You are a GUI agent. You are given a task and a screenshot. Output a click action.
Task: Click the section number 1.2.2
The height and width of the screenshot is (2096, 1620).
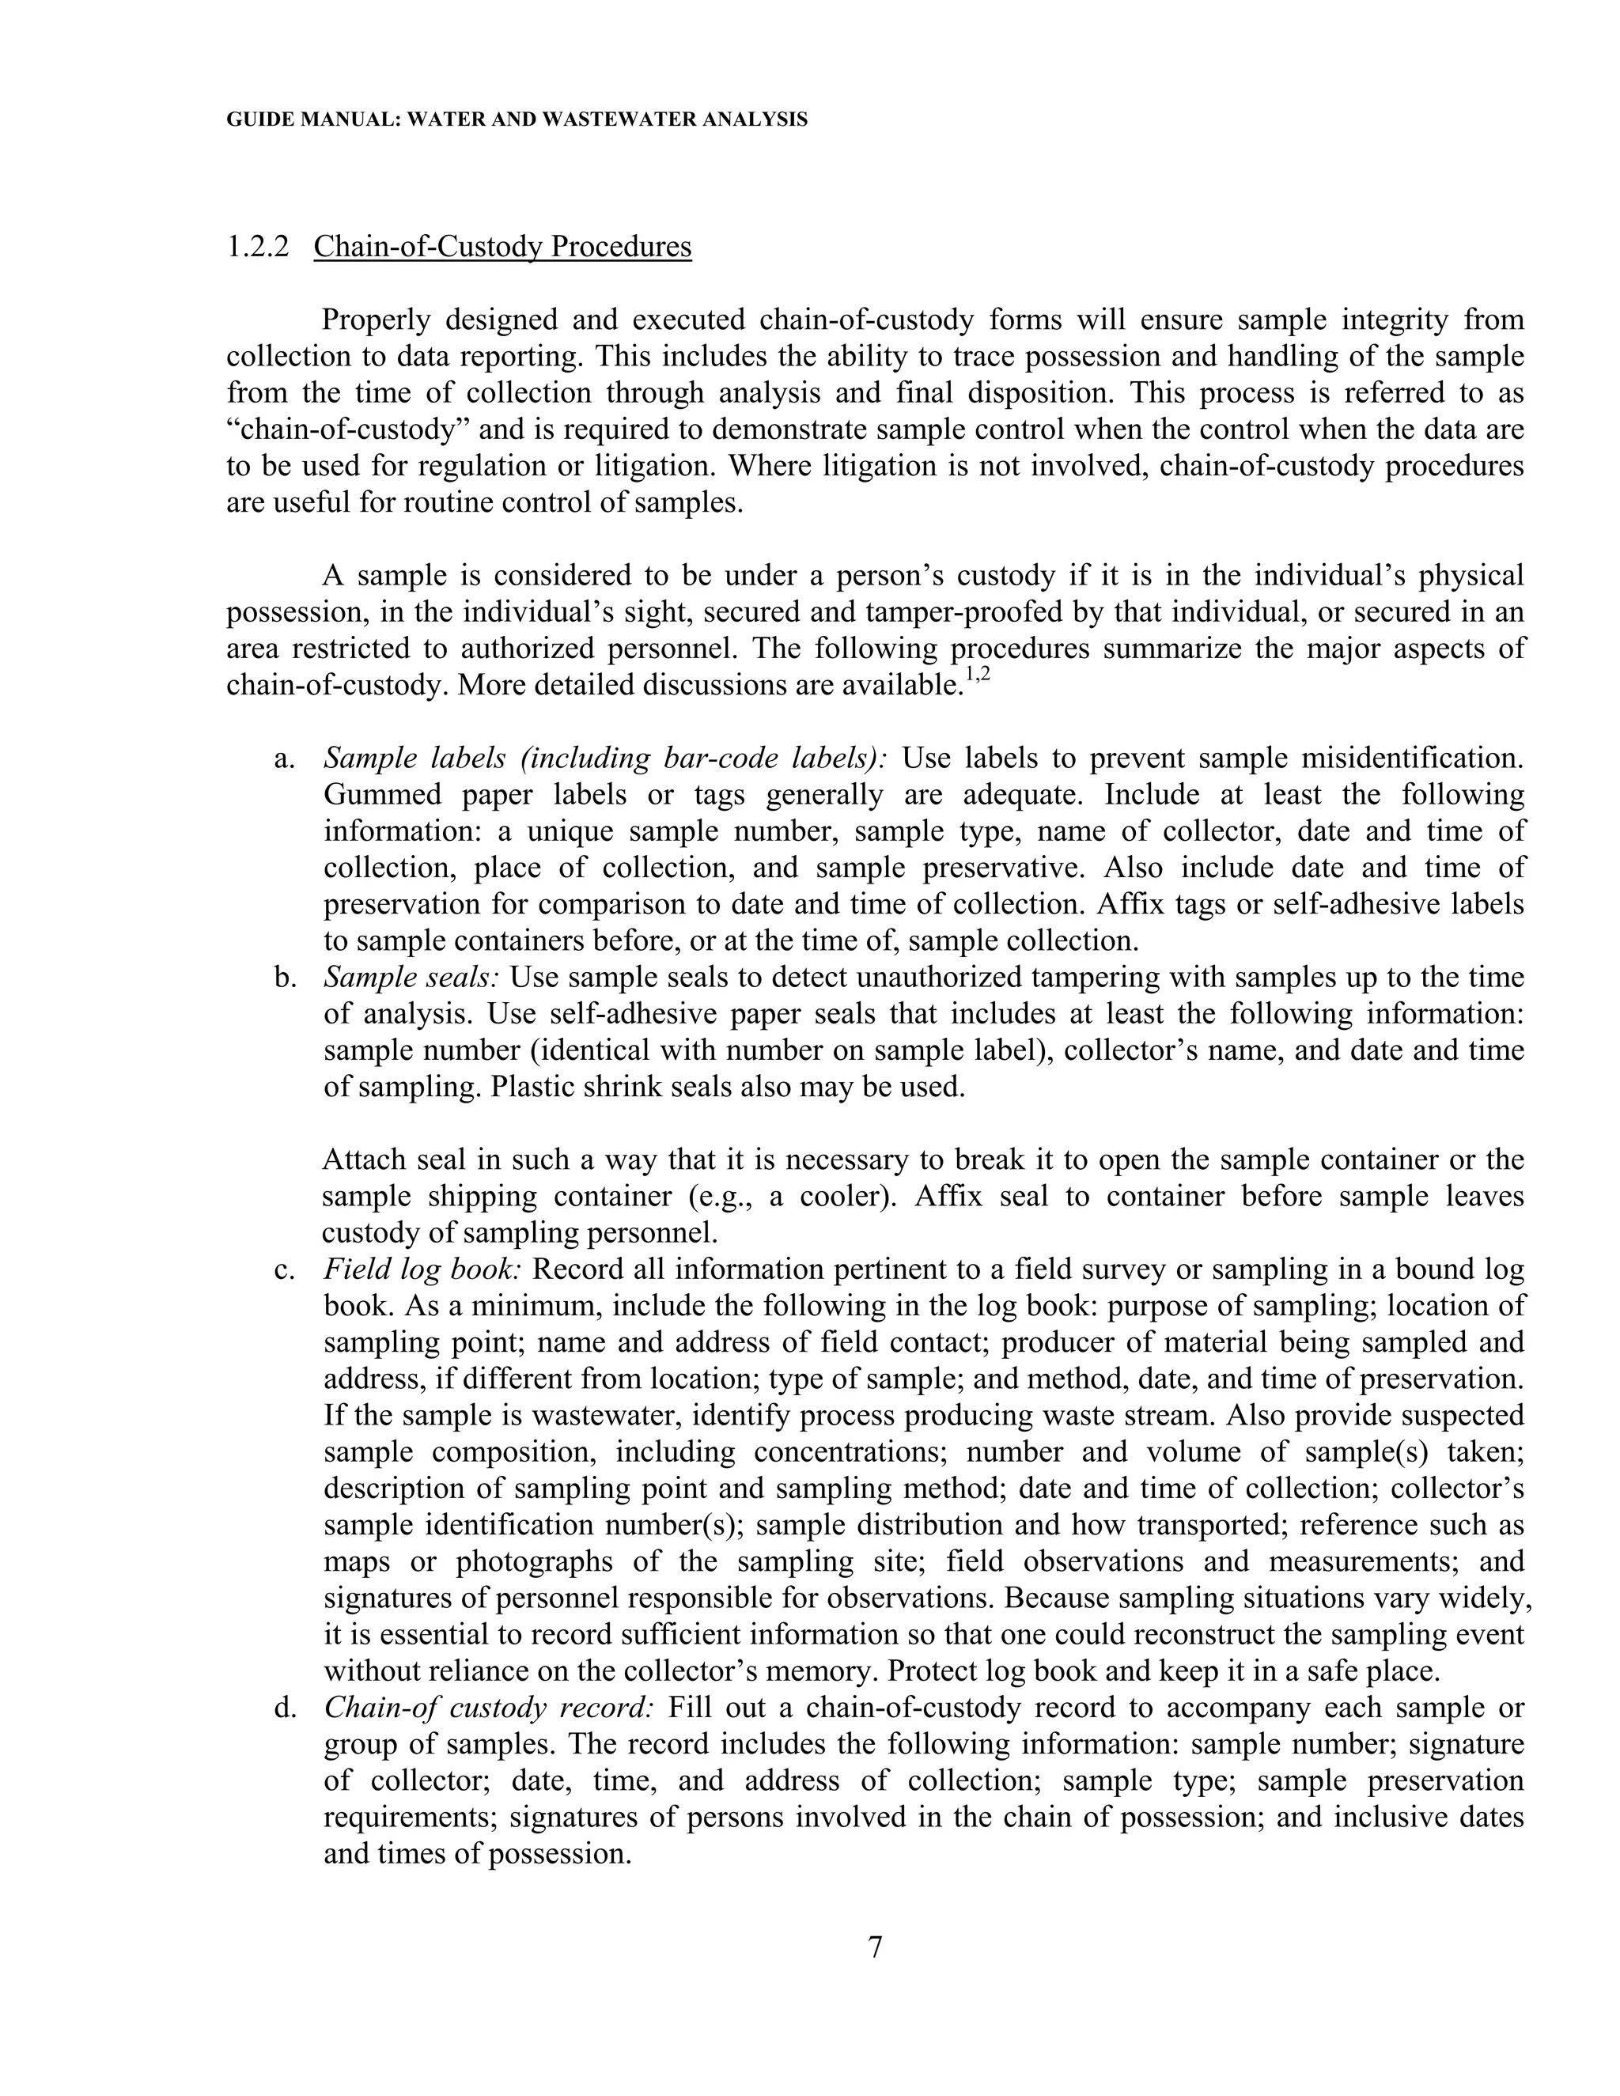pyautogui.click(x=257, y=247)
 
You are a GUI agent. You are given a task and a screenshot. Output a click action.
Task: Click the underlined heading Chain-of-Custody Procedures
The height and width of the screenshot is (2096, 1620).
pyautogui.click(x=502, y=247)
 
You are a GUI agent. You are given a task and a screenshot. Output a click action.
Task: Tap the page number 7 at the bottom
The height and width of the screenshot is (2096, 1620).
pyautogui.click(x=874, y=1947)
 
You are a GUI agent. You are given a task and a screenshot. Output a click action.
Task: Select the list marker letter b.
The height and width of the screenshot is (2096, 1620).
pyautogui.click(x=282, y=977)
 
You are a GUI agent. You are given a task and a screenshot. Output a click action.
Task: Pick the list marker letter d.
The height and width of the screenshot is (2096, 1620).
pyautogui.click(x=282, y=1708)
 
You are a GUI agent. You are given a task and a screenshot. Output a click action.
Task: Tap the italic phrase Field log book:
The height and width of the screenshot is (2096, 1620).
pyautogui.click(x=422, y=1269)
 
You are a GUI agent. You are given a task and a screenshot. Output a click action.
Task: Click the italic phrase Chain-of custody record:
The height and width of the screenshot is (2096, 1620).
pyautogui.click(x=489, y=1708)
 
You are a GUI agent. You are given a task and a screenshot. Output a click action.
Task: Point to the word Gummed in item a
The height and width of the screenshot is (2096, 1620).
pyautogui.click(x=375, y=795)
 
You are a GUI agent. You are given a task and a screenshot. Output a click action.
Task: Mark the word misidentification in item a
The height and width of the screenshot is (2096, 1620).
pyautogui.click(x=1412, y=759)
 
